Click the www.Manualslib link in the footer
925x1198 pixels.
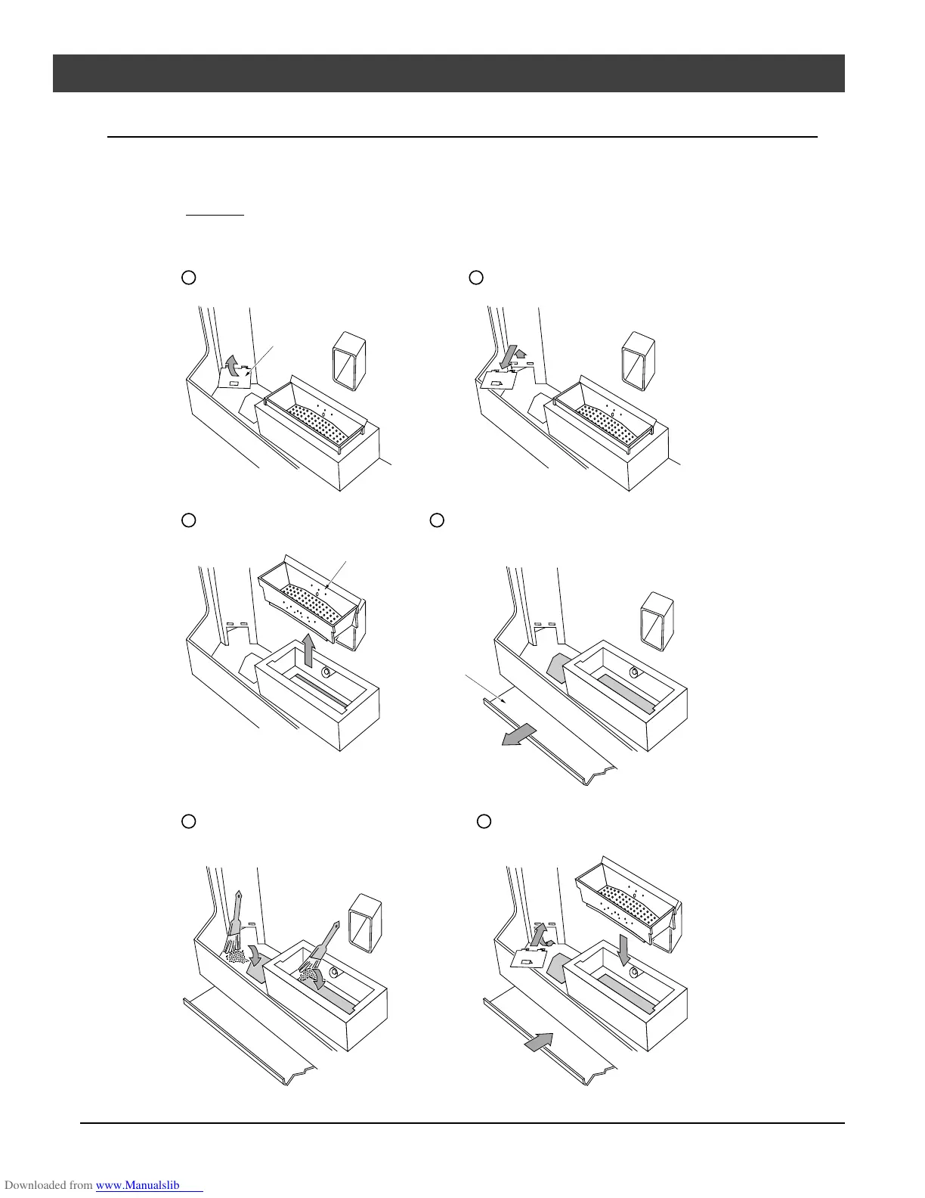[149, 1186]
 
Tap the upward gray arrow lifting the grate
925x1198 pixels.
[308, 651]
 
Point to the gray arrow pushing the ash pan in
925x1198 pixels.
[537, 1043]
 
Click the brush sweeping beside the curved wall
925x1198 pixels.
[236, 919]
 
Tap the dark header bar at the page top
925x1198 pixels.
[448, 73]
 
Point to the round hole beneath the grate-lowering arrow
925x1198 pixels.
[634, 972]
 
